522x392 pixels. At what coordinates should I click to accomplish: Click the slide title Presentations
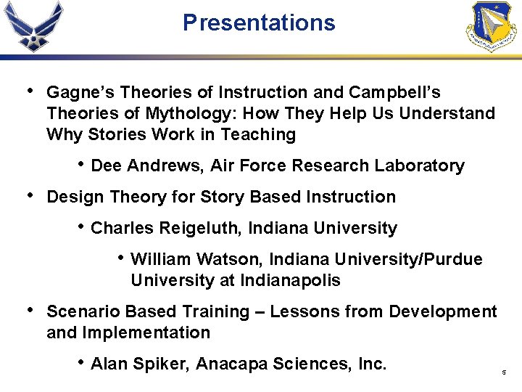pos(259,23)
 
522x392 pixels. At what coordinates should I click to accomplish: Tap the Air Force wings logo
pos(33,26)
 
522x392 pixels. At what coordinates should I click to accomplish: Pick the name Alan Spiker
pos(138,364)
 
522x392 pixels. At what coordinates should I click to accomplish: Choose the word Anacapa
pos(234,364)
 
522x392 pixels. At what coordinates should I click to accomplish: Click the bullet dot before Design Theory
pos(28,196)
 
